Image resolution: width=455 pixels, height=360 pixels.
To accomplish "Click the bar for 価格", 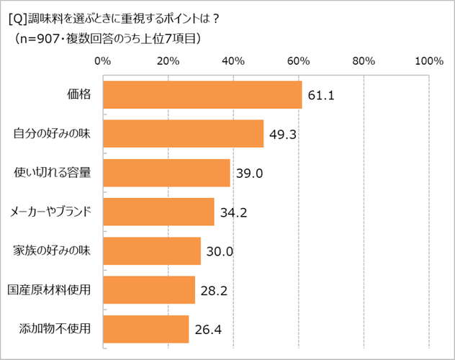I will point(202,94).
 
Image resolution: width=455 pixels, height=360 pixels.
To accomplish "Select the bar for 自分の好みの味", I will point(184,133).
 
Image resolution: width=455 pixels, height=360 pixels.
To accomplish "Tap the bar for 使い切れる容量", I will point(166,173).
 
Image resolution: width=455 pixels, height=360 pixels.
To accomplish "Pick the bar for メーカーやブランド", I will point(158,212).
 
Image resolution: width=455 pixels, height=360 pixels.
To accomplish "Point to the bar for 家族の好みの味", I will point(152,251).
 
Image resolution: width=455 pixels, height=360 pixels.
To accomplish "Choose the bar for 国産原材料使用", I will point(149,289).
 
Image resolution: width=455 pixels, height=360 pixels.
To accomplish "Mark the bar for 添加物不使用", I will point(146,329).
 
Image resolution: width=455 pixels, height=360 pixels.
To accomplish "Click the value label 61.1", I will point(322,95).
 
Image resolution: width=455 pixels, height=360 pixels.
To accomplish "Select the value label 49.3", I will point(283,134).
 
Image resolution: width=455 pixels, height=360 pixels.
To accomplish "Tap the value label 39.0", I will point(249,174).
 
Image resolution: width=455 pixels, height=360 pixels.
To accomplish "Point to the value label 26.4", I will point(208,330).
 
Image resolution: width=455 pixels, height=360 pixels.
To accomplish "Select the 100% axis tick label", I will point(429,61).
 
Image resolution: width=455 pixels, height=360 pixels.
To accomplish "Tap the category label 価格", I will point(79,94).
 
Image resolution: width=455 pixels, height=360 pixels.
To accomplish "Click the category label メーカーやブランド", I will point(50,212).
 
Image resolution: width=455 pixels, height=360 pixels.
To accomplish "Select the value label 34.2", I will point(234,212).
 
